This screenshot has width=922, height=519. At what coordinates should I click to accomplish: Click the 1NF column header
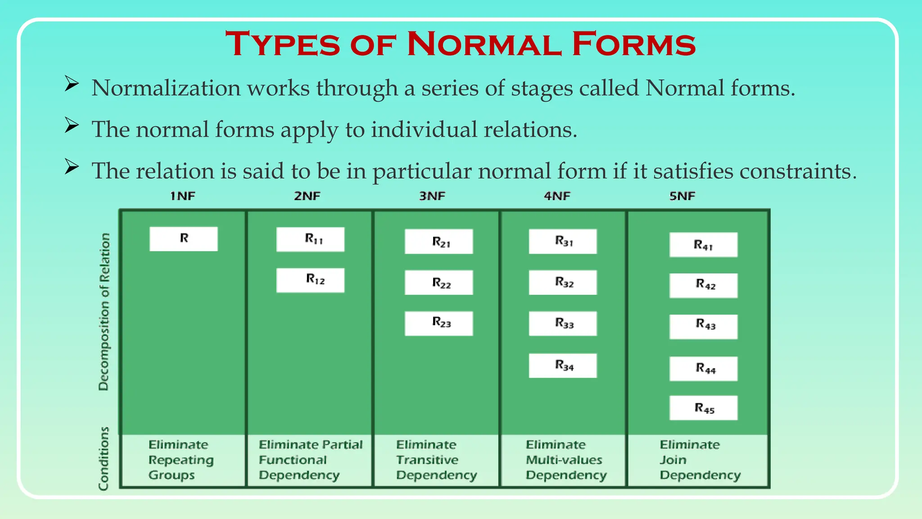point(183,196)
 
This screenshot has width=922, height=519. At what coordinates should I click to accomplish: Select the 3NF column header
point(432,196)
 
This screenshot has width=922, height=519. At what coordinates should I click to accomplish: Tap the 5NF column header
point(682,196)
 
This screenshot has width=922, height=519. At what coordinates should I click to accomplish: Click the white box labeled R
point(184,239)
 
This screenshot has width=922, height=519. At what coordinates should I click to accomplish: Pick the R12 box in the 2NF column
point(310,280)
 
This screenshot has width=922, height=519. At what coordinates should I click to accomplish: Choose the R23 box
point(438,323)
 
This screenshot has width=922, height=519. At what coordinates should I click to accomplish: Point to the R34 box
point(563,365)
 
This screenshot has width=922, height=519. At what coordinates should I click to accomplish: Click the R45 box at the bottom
point(703,408)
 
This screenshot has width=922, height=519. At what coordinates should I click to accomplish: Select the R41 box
point(703,245)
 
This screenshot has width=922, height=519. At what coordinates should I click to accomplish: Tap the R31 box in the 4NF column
point(563,241)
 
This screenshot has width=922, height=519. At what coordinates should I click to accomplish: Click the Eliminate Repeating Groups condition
point(180,460)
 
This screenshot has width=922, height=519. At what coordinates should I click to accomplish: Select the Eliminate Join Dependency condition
point(700,460)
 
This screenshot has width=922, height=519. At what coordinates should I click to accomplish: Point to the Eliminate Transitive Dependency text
point(436,460)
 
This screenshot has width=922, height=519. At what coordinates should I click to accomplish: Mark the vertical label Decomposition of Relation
point(104,312)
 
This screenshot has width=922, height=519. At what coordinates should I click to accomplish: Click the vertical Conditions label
point(104,459)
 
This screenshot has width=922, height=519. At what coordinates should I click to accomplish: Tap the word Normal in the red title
point(484,44)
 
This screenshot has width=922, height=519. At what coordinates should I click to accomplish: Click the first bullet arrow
point(72,84)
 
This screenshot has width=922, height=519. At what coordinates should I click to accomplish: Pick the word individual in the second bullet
point(424,130)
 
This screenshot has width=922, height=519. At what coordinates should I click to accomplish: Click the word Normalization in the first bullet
point(166,88)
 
